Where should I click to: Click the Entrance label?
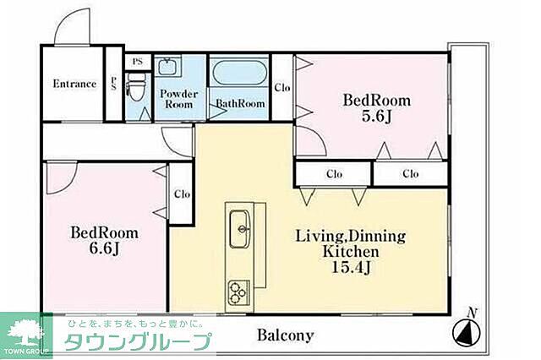(74, 84)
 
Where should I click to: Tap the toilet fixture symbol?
(135, 85)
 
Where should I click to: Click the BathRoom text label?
(240, 104)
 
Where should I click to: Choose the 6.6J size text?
(104, 250)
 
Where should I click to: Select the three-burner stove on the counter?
(237, 292)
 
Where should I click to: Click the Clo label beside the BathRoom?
(281, 87)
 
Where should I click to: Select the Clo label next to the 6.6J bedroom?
(181, 194)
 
